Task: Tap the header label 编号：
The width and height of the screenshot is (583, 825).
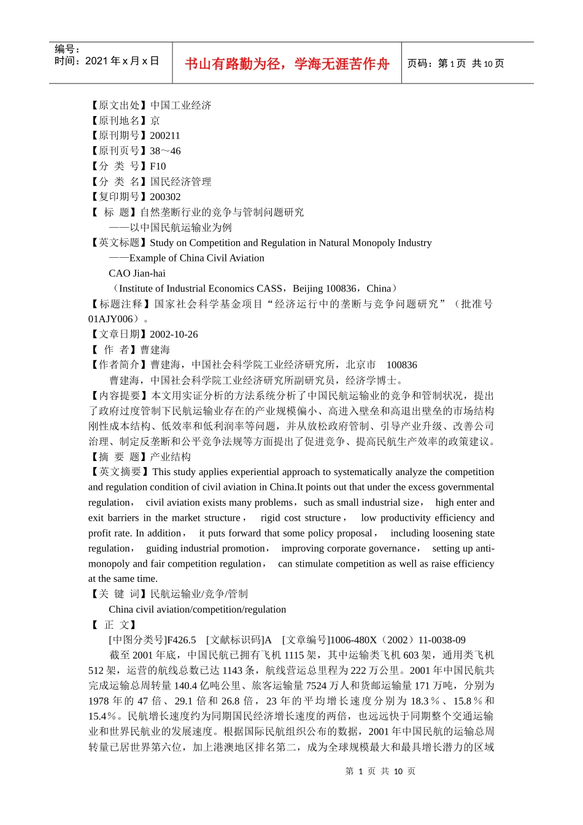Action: point(68,49)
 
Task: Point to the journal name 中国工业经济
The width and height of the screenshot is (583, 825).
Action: point(180,106)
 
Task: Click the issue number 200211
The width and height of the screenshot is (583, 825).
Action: point(165,136)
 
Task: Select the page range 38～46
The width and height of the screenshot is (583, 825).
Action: point(165,151)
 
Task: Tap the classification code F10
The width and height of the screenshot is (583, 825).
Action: point(158,166)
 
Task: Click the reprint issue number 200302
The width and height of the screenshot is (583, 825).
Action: point(165,197)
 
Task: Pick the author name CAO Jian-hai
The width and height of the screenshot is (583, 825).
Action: point(137,273)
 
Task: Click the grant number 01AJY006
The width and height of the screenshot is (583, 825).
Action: point(110,319)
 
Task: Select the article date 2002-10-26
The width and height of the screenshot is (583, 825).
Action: point(174,335)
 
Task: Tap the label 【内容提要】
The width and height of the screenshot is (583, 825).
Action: point(119,396)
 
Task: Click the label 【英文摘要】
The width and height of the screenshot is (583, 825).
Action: point(119,472)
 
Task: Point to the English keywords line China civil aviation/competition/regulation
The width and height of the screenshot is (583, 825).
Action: point(197,610)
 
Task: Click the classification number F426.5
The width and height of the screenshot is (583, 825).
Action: point(181,640)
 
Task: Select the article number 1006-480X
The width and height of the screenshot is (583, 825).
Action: point(353,640)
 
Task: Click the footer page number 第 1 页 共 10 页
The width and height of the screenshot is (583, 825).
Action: point(380,771)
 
